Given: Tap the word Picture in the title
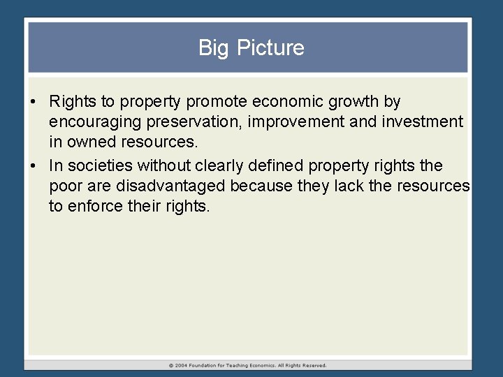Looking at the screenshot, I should point(269,48).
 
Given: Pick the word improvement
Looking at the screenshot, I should point(299,122).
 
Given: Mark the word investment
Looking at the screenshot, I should point(423,122).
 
